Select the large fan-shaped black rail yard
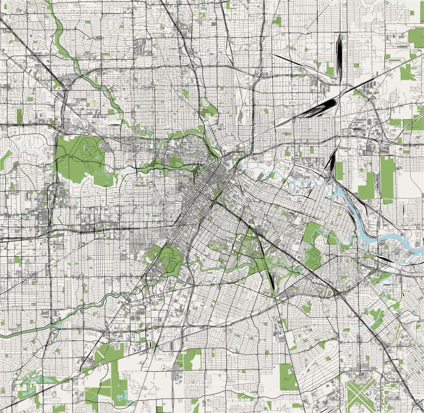point(318,108)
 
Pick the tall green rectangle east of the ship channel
point(387,177)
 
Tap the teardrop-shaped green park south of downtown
point(168,259)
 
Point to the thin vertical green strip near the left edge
point(19,115)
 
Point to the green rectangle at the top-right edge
point(416,37)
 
